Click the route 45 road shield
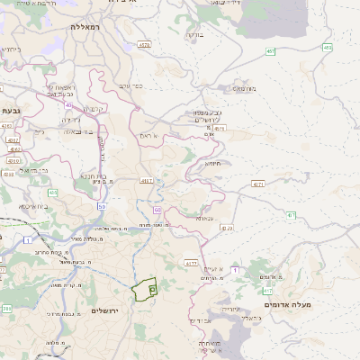68,104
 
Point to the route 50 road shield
102,207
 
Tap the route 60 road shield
156,210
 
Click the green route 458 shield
327,47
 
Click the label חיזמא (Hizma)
212,163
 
